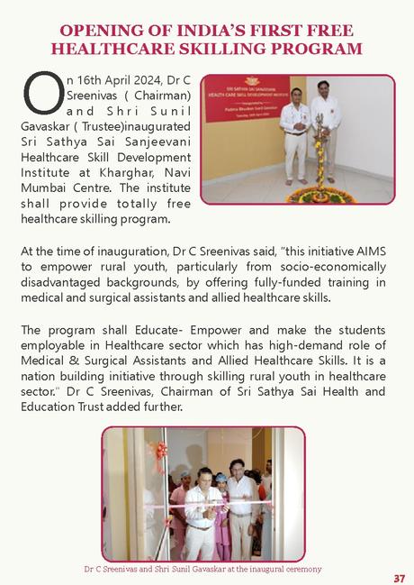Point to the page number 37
point(399,578)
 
